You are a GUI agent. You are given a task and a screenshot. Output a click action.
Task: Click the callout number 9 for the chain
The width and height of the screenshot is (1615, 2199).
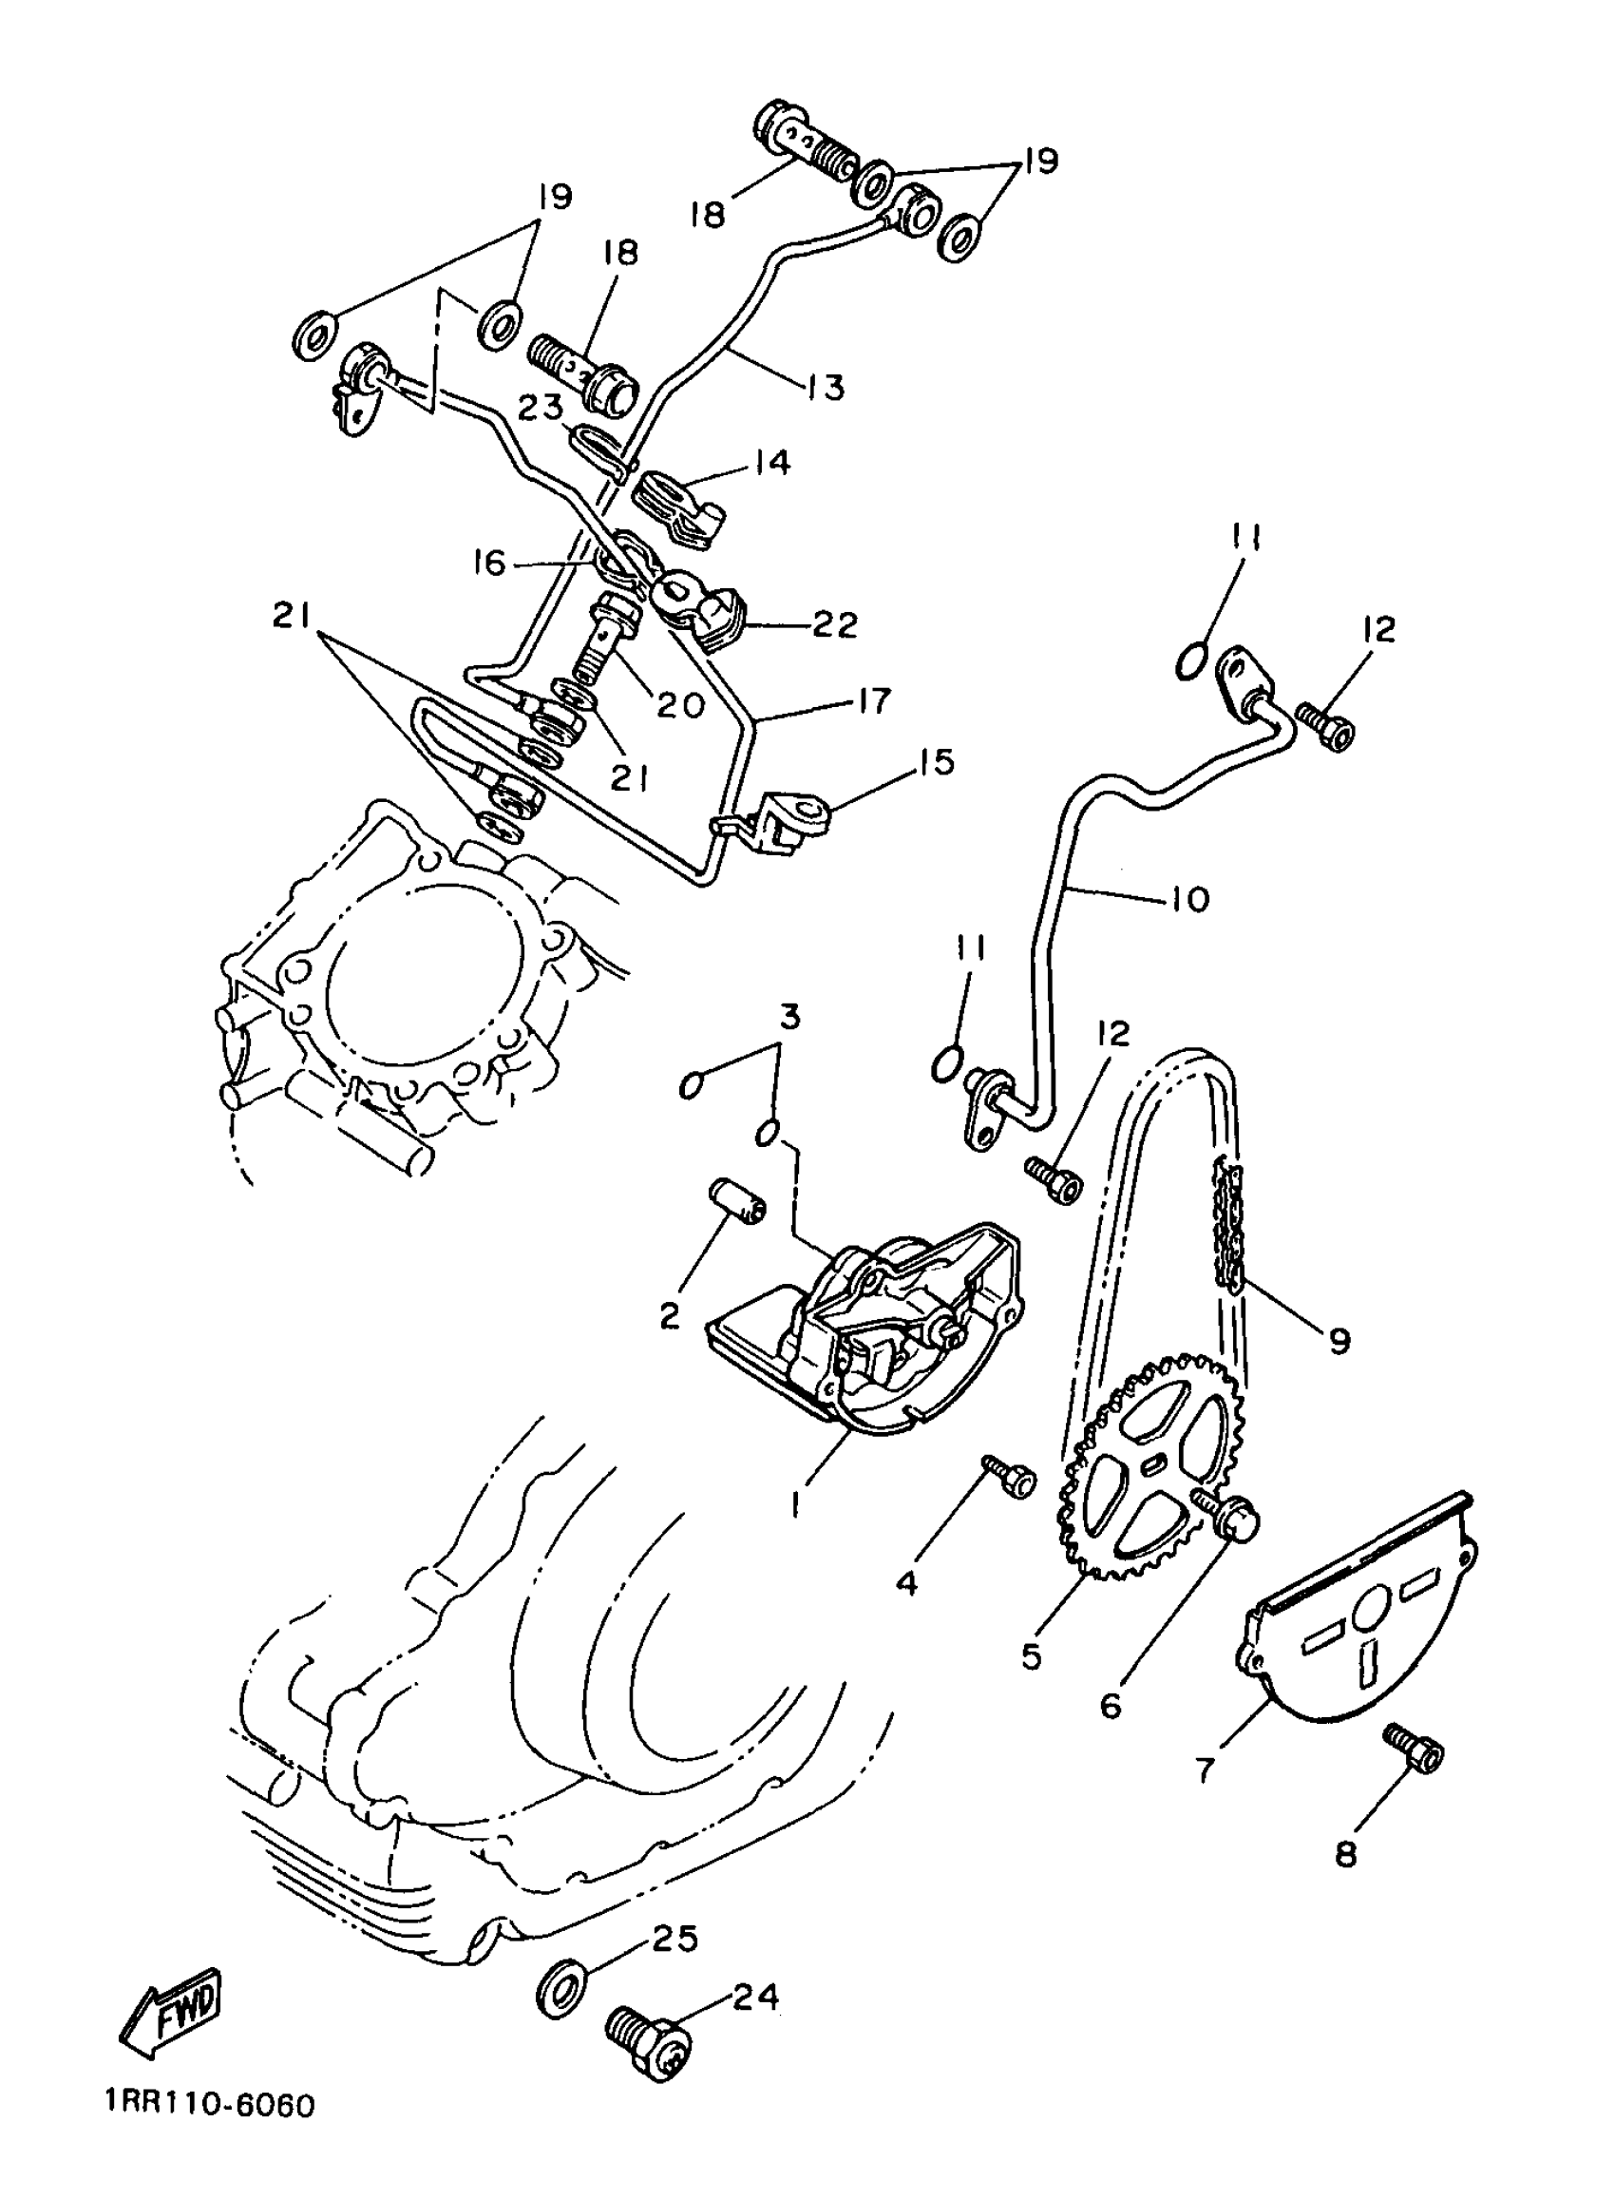pos(1338,1339)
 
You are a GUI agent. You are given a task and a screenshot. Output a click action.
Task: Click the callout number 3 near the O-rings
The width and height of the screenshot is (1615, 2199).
pos(788,1017)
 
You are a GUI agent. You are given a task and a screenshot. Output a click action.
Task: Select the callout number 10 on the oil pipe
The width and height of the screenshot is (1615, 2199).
pos(1188,898)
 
